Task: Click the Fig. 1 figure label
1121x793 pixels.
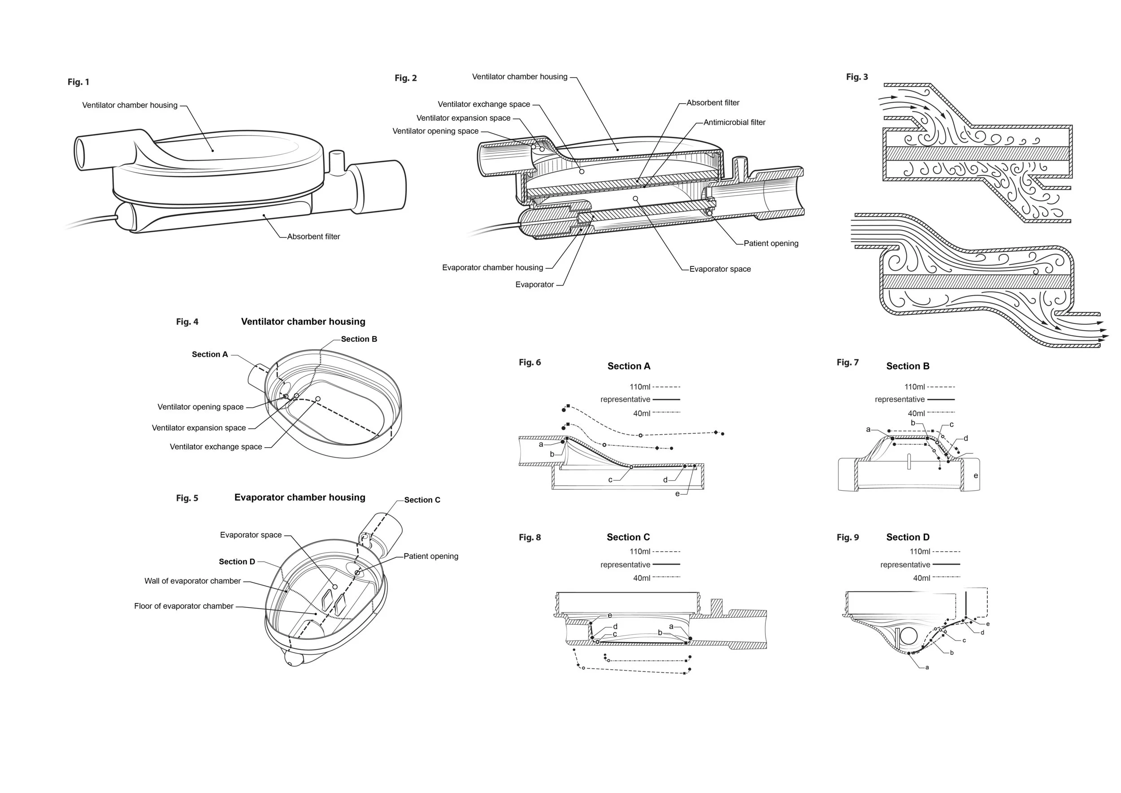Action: pyautogui.click(x=78, y=82)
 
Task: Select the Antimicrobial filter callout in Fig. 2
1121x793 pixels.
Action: pyautogui.click(x=734, y=122)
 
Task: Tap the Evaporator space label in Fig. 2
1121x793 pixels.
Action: pyautogui.click(x=720, y=269)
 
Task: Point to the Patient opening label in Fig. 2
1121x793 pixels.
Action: pyautogui.click(x=770, y=243)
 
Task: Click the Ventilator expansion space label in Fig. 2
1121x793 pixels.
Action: pyautogui.click(x=463, y=118)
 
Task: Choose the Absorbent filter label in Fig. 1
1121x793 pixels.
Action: pyautogui.click(x=313, y=236)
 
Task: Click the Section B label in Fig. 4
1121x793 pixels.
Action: pyautogui.click(x=358, y=339)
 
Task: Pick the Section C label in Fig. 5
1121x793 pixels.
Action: pyautogui.click(x=422, y=500)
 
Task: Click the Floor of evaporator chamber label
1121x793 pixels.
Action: pyautogui.click(x=183, y=606)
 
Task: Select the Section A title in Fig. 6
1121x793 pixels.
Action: pyautogui.click(x=628, y=366)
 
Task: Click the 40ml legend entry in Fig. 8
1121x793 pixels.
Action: pyautogui.click(x=642, y=578)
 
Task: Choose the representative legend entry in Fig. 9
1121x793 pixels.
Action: pyautogui.click(x=905, y=565)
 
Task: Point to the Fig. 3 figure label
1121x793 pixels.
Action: pyautogui.click(x=857, y=77)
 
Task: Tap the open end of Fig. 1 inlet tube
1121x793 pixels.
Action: pyautogui.click(x=79, y=153)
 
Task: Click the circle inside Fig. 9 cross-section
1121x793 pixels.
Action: pyautogui.click(x=908, y=636)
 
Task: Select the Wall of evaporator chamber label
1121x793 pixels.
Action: pyautogui.click(x=192, y=581)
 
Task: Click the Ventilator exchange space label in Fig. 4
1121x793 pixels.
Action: pyautogui.click(x=215, y=447)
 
